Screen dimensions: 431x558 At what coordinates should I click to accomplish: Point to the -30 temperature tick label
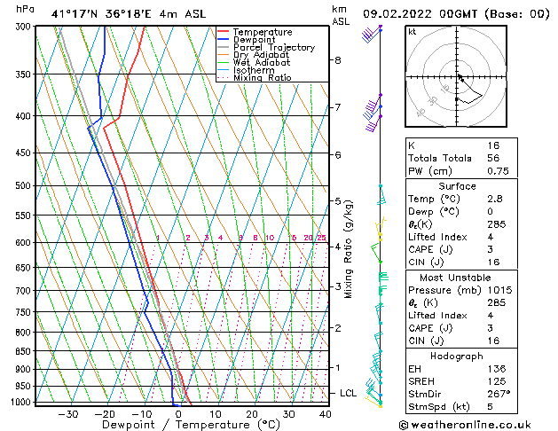[x=67, y=413]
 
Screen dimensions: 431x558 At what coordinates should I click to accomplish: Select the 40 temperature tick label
[x=326, y=413]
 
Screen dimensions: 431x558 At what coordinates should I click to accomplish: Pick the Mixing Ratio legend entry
[x=262, y=77]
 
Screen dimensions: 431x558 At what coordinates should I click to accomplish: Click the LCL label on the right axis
[x=349, y=393]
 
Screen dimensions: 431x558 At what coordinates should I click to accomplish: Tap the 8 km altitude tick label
[x=338, y=60]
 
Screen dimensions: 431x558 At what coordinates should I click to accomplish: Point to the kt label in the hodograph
[x=412, y=31]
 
